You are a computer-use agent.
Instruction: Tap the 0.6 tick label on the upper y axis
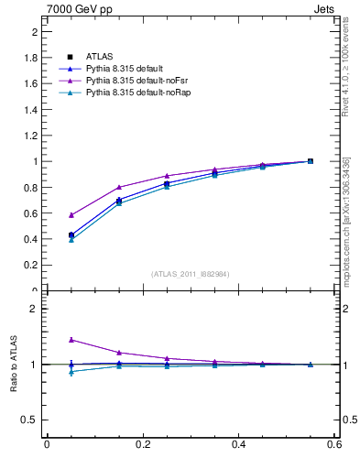(x=31, y=213)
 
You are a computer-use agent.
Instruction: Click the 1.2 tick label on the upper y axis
(x=31, y=136)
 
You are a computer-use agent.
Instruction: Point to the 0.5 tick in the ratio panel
(x=31, y=420)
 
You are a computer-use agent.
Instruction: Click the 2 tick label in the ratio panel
(x=35, y=309)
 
